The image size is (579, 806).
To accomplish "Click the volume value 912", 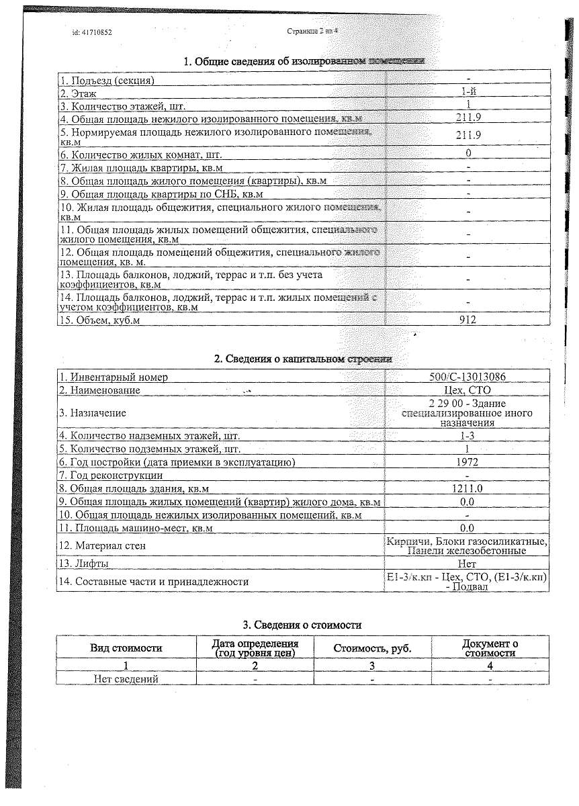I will [x=467, y=320].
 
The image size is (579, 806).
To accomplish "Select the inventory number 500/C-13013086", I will [x=467, y=377].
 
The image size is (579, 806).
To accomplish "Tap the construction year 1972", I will [x=467, y=462].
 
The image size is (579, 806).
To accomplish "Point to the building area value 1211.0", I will [x=467, y=488].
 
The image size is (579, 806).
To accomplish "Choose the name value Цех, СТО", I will [x=467, y=390].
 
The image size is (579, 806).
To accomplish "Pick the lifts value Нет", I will [x=467, y=564].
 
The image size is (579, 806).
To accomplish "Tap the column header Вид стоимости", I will [x=126, y=648].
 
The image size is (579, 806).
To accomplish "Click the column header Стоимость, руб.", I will [x=372, y=648].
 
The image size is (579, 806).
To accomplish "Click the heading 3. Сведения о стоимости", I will [x=302, y=625].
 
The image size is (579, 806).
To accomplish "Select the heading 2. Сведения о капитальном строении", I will [x=303, y=359].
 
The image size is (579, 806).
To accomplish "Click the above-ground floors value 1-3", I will [x=467, y=437].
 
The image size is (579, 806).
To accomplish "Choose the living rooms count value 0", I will [x=467, y=153].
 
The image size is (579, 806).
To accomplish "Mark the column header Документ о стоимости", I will [x=490, y=648].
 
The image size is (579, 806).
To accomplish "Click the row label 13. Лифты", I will [x=84, y=564].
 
